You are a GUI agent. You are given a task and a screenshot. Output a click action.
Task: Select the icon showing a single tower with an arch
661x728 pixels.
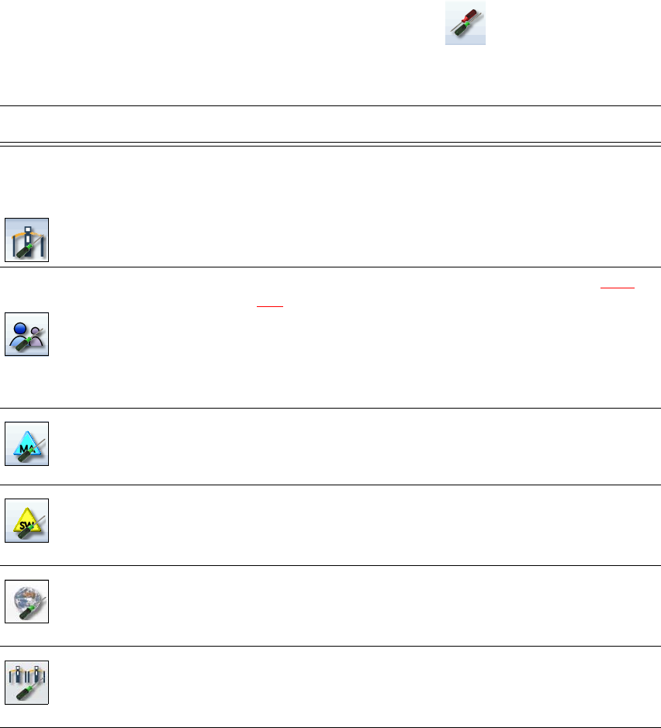click(27, 240)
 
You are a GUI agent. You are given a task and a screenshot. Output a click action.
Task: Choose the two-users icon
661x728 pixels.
click(27, 334)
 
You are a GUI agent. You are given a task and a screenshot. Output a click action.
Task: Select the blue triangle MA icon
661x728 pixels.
click(27, 444)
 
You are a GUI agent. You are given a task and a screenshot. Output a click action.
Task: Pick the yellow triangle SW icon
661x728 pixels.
click(27, 520)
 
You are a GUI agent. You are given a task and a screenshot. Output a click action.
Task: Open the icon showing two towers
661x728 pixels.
click(27, 682)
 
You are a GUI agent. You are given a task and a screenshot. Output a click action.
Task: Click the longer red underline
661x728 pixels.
click(618, 288)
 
